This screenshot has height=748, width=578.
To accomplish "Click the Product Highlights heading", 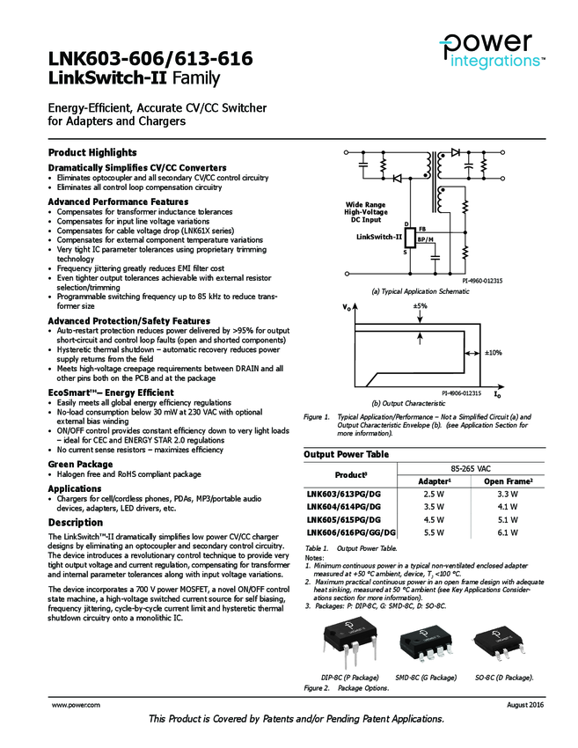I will pos(92,152).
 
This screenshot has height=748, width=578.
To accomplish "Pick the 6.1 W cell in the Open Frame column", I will pos(508,532).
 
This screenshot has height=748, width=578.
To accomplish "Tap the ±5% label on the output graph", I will pos(420,306).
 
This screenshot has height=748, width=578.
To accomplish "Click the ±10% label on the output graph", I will pos(494,352).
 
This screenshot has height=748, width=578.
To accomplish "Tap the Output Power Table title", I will pos(346,454).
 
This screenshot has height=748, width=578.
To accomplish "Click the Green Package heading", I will pos(80,463).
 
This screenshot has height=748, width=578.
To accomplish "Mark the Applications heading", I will pos(75,488).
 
